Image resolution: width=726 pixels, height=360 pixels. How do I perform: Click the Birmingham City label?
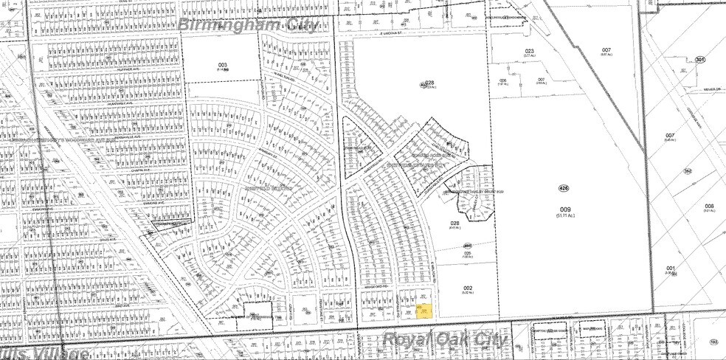click(x=249, y=25)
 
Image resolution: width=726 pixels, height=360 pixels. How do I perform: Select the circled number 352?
click(x=688, y=171)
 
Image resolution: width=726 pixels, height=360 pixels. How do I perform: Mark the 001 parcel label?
click(x=670, y=268)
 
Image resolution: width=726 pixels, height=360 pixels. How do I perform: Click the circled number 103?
click(x=713, y=342)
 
